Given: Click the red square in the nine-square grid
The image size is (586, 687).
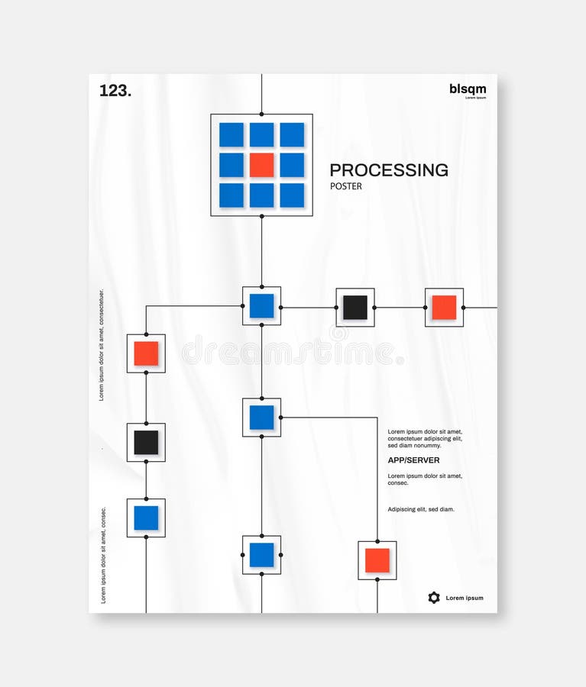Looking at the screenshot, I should pyautogui.click(x=261, y=165).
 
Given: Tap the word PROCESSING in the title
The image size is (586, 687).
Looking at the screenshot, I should pyautogui.click(x=389, y=169).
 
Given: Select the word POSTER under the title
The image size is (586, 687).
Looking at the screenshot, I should pyautogui.click(x=346, y=186).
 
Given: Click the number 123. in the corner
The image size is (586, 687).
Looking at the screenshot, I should pyautogui.click(x=115, y=90).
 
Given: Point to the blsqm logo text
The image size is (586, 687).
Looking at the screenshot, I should pyautogui.click(x=468, y=89).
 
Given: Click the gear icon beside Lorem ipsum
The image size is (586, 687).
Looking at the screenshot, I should pyautogui.click(x=434, y=598).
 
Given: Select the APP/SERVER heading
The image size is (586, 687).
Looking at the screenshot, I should pyautogui.click(x=413, y=460).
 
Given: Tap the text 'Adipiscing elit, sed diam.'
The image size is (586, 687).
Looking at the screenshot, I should pyautogui.click(x=421, y=509).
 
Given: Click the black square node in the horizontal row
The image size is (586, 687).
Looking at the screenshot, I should pyautogui.click(x=355, y=307).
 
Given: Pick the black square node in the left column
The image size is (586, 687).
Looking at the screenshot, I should pyautogui.click(x=146, y=443).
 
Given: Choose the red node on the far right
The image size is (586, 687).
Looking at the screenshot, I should pyautogui.click(x=444, y=307).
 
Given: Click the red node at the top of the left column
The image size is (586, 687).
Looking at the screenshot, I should pyautogui.click(x=146, y=353).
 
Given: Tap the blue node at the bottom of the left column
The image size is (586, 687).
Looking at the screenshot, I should pyautogui.click(x=146, y=518).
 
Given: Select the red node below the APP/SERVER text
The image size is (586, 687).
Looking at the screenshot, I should pyautogui.click(x=377, y=560).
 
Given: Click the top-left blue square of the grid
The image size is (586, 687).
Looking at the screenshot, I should pyautogui.click(x=231, y=135).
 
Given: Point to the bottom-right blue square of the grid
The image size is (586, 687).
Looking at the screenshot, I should pyautogui.click(x=292, y=195).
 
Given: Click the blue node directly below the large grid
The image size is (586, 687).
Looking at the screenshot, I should pyautogui.click(x=261, y=306).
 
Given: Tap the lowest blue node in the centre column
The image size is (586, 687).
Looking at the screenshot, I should pyautogui.click(x=261, y=555).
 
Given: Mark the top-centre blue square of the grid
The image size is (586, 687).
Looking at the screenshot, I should pyautogui.click(x=261, y=135).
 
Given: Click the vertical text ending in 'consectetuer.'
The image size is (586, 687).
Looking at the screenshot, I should pyautogui.click(x=102, y=344).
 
